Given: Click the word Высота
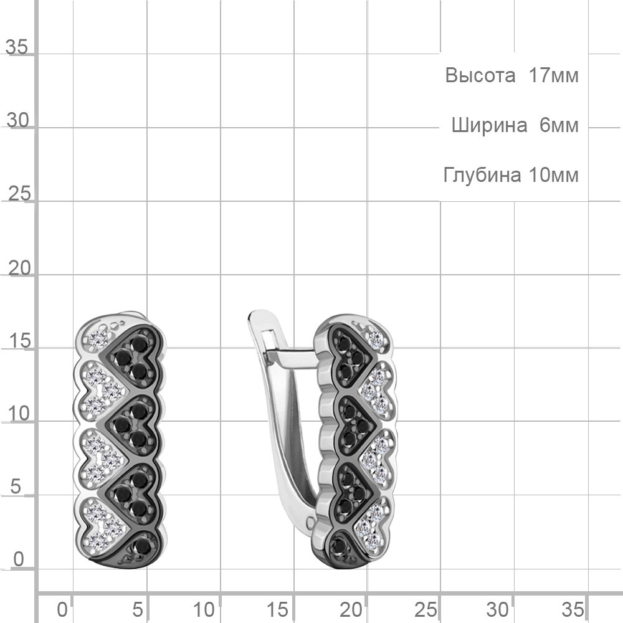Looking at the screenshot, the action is pos(480,75).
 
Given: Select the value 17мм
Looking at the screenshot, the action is pos(553,75).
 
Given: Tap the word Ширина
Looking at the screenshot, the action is pos(490,126).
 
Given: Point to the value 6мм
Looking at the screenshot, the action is pos(559,126).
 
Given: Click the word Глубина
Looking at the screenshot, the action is pos(482,175).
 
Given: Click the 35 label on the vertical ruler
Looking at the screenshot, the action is pos(17,47).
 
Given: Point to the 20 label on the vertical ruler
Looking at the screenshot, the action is pos(19,269).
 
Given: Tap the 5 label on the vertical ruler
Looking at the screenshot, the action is pos(15,487).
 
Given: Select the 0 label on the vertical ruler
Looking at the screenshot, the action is pos(19,559).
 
